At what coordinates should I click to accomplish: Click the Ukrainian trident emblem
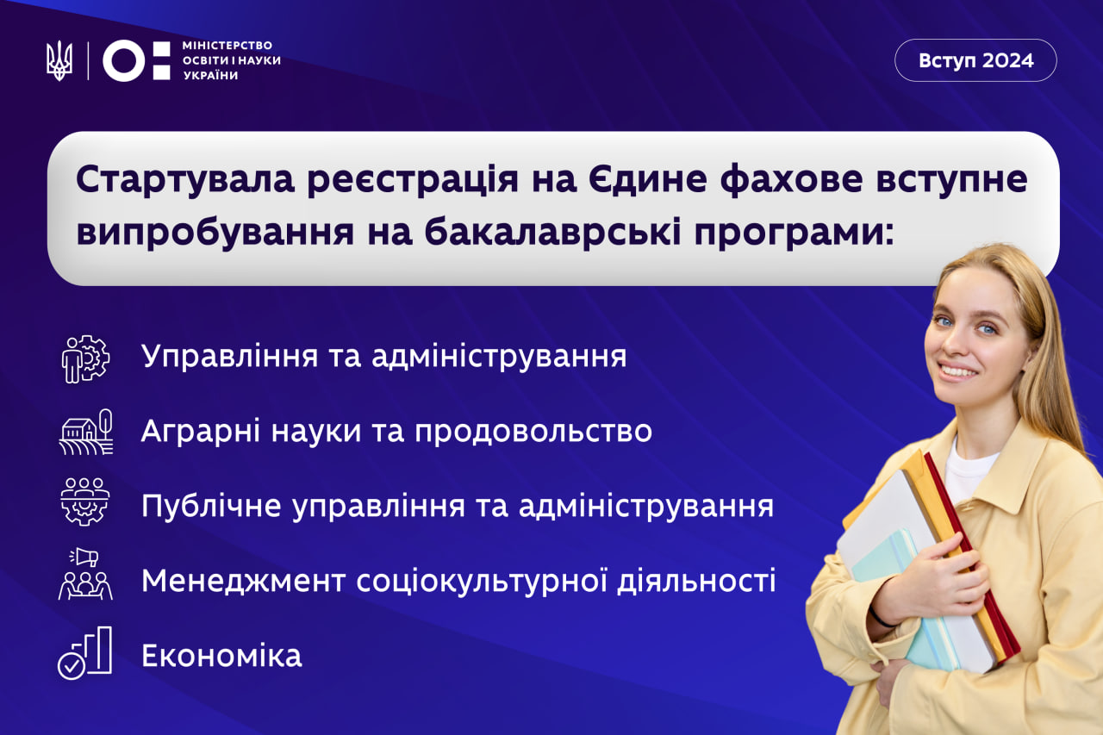[x=59, y=60]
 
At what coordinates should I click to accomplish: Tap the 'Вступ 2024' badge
[x=975, y=60]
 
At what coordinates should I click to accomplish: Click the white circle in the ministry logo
[x=123, y=60]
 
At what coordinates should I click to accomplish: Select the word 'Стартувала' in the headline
[x=185, y=180]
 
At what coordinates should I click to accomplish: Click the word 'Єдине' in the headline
[x=647, y=179]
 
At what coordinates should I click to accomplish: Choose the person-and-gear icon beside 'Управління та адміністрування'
[x=85, y=359]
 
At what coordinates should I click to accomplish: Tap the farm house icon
[x=85, y=432]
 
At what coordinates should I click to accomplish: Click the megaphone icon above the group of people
[x=84, y=557]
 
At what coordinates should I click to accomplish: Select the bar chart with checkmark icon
[x=84, y=653]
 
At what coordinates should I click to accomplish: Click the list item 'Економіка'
[x=221, y=656]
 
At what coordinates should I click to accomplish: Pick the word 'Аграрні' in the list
[x=201, y=432]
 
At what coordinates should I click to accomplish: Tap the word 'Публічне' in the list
[x=211, y=506]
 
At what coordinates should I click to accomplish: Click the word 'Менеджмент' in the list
[x=243, y=581]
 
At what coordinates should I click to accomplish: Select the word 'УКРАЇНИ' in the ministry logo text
[x=211, y=75]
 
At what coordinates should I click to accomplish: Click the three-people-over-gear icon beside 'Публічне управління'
[x=85, y=501]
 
